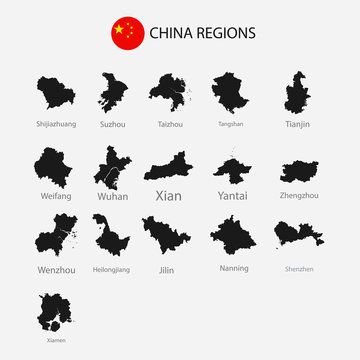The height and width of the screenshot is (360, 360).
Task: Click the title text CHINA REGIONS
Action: pyautogui.click(x=202, y=33)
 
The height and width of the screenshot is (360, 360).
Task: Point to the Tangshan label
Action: pyautogui.click(x=231, y=124)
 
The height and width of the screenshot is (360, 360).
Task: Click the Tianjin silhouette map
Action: pyautogui.click(x=296, y=93)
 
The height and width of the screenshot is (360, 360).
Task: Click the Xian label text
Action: pyautogui.click(x=169, y=196)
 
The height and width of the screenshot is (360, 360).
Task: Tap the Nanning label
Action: pyautogui.click(x=233, y=268)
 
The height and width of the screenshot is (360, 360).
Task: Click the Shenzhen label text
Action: pyautogui.click(x=297, y=268)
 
